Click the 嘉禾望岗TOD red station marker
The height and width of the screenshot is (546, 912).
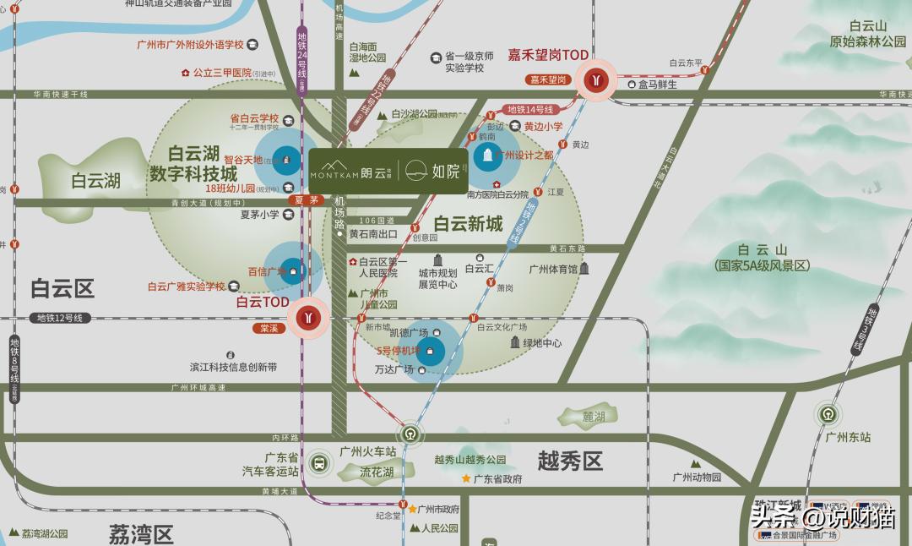[x=597, y=79]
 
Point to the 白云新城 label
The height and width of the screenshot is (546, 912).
[x=468, y=224]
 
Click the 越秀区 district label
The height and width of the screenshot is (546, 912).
[x=570, y=461]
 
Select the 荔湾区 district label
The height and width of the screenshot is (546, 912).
[x=141, y=533]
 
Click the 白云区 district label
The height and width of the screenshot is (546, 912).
[x=62, y=288]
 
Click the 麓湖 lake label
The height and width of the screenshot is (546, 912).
[x=594, y=417]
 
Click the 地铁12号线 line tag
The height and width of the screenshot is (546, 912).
[x=60, y=319]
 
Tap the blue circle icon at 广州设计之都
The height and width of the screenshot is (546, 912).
[x=486, y=156]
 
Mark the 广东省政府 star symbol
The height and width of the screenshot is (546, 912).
[x=465, y=478]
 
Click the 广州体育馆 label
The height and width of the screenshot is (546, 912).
[x=553, y=269]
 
